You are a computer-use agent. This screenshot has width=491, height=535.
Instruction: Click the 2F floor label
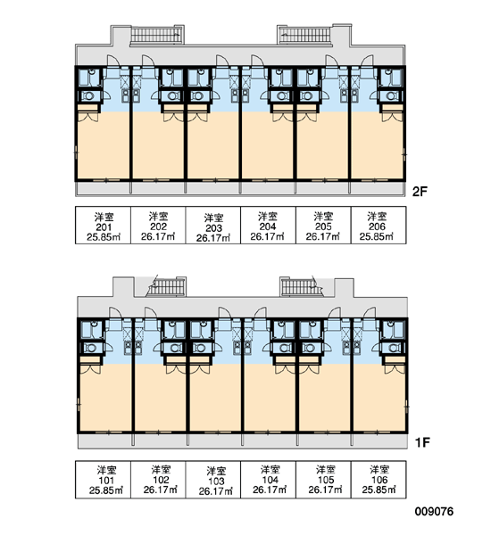pyautogui.click(x=420, y=192)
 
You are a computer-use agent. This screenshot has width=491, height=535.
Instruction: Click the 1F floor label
pyautogui.click(x=421, y=442)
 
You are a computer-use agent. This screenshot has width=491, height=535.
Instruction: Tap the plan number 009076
pyautogui.click(x=434, y=512)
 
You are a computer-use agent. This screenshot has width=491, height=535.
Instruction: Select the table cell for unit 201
pyautogui.click(x=103, y=226)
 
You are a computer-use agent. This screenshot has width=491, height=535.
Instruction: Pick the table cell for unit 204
pyautogui.click(x=268, y=226)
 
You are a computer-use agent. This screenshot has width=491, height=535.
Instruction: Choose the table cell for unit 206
pyautogui.click(x=379, y=226)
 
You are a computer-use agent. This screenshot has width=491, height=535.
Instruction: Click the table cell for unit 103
pyautogui.click(x=213, y=480)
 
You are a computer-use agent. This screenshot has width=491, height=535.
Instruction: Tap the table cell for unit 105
pyautogui.click(x=323, y=480)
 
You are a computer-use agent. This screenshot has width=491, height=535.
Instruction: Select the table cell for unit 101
pyautogui.click(x=103, y=480)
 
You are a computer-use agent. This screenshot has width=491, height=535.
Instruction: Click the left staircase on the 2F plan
pyautogui.click(x=156, y=35)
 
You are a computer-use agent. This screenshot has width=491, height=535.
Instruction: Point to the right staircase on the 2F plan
pyautogui.click(x=304, y=35)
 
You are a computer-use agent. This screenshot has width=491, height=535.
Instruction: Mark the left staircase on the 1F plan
pyautogui.click(x=167, y=287)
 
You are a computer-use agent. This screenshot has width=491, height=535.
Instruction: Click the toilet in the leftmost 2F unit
pyautogui.click(x=89, y=96)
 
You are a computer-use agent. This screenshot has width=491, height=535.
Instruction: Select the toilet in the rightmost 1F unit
pyautogui.click(x=394, y=348)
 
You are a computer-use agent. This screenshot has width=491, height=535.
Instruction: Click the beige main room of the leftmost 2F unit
pyautogui.click(x=104, y=146)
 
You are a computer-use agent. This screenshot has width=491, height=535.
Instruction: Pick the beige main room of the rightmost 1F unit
pyautogui.click(x=379, y=398)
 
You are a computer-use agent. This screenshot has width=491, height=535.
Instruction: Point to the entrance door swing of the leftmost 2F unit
pyautogui.click(x=113, y=61)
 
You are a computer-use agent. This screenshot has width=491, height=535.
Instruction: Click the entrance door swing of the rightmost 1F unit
pyautogui.click(x=370, y=313)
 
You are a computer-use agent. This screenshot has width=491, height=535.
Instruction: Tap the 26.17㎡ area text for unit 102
pyautogui.click(x=161, y=490)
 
